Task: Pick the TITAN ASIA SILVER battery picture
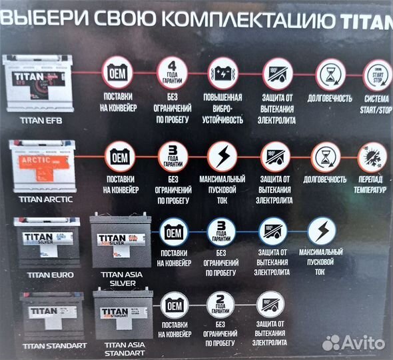click(x=120, y=242)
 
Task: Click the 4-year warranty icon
click(x=173, y=72)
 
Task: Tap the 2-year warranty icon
click(x=220, y=307)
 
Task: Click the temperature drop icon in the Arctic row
click(x=372, y=158)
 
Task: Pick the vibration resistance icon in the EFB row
click(x=222, y=72)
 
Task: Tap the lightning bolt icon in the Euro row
click(x=321, y=232)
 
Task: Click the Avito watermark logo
click(x=353, y=342)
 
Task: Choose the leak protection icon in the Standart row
click(x=270, y=307)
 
